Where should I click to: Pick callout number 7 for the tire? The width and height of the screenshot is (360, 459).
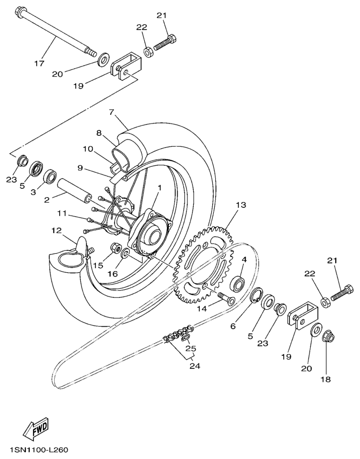tap(111, 111)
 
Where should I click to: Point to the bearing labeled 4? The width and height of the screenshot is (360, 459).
tap(237, 283)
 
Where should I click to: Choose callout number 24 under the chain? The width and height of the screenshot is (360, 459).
tap(194, 366)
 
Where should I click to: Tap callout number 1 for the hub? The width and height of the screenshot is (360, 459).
tap(159, 188)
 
